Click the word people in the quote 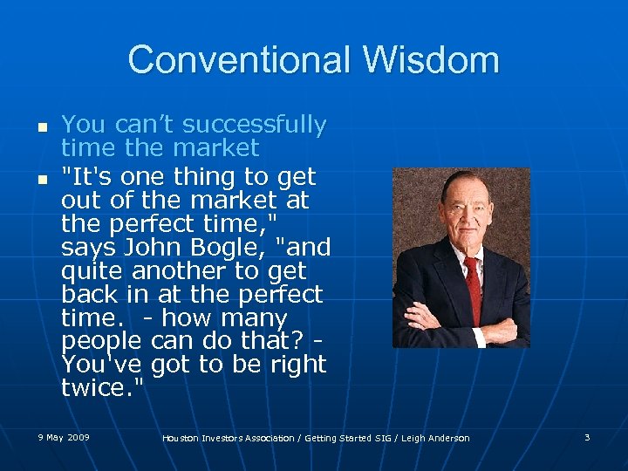[x=102, y=341]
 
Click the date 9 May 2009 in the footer [x=64, y=436]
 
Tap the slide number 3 [x=587, y=436]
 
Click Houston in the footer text [x=185, y=438]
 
